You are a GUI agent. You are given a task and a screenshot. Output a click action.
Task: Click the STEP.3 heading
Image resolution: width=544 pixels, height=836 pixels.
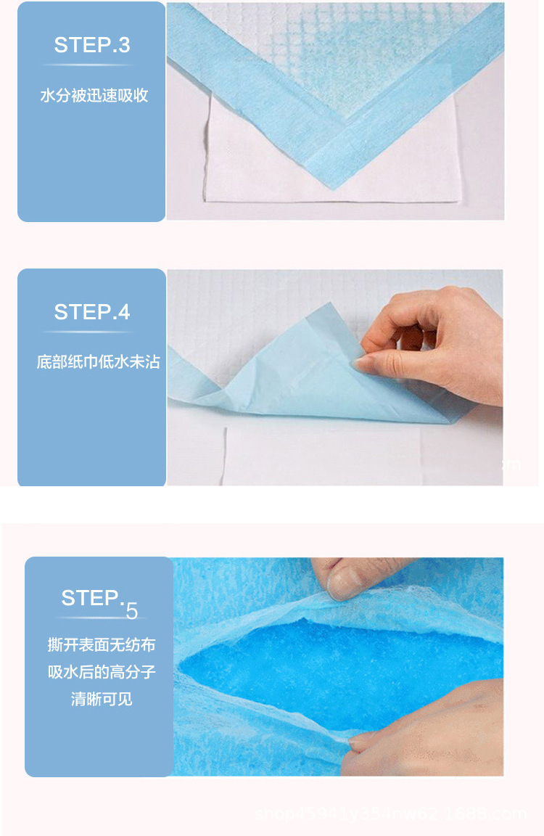(92, 45)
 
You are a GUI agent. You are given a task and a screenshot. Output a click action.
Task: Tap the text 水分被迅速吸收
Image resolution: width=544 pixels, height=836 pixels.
(94, 96)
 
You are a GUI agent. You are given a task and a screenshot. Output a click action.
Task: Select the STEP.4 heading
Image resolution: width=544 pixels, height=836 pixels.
(92, 312)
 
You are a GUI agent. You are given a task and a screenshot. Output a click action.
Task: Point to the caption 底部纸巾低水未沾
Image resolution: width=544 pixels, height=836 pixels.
(98, 361)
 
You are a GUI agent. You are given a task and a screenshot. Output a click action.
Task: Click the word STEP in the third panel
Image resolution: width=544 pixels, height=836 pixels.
(91, 598)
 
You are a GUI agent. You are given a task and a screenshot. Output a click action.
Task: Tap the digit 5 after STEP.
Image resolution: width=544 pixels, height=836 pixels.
(131, 612)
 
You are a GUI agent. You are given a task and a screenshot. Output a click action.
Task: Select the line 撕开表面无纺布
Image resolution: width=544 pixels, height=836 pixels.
(102, 644)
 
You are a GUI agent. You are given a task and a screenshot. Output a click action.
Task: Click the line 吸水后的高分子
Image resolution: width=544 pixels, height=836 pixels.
(102, 672)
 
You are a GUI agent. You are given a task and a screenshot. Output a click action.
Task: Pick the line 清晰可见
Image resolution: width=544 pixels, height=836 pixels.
(102, 700)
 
